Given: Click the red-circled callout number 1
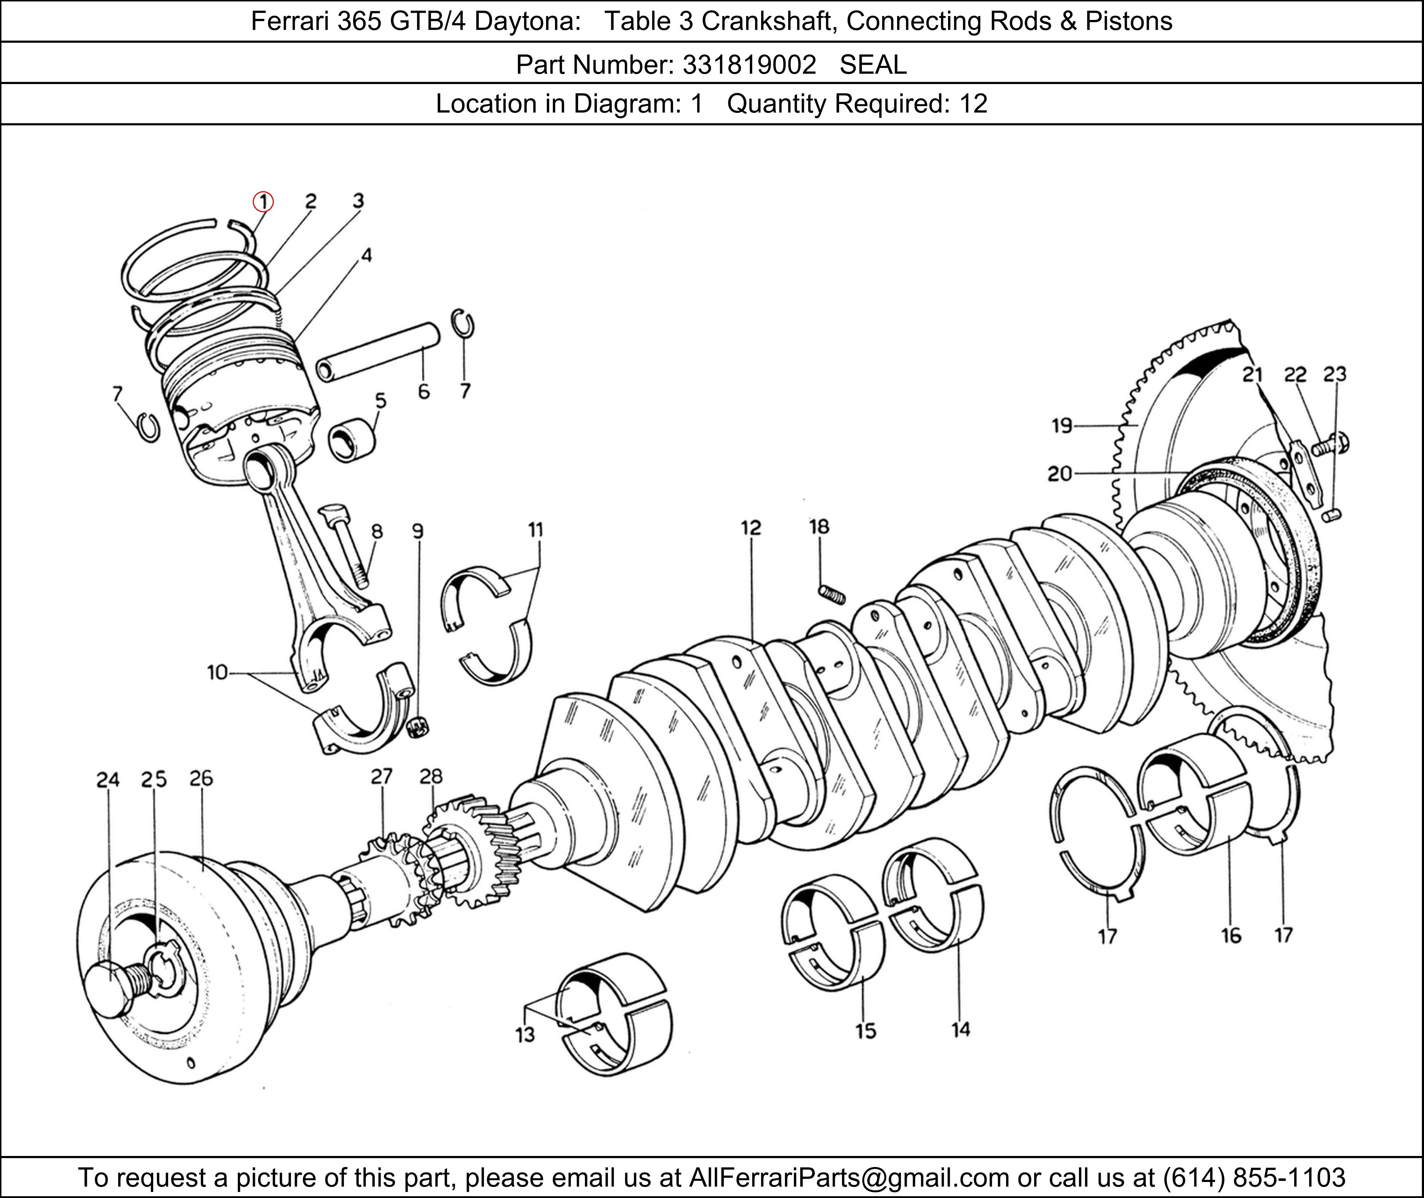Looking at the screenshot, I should [263, 202].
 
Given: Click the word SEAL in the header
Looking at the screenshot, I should [873, 64].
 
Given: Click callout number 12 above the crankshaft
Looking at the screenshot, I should [751, 528].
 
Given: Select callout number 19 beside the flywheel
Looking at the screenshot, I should [1062, 426].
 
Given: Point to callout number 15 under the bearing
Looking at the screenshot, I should [865, 1031].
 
